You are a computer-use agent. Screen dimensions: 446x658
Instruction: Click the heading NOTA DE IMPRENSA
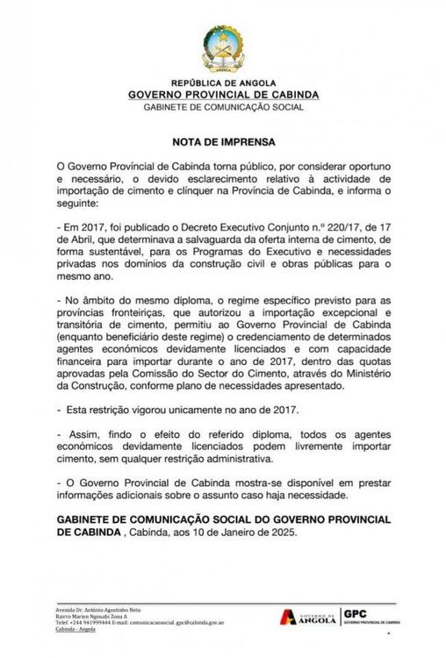pyautogui.click(x=223, y=140)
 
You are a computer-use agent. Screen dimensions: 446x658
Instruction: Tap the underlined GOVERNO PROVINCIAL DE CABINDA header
pyautogui.click(x=223, y=95)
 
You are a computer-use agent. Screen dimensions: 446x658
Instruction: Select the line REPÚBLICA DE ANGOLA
pyautogui.click(x=223, y=82)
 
